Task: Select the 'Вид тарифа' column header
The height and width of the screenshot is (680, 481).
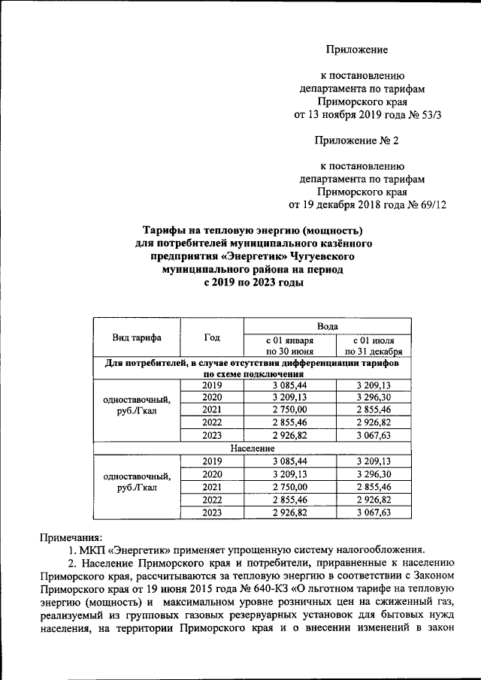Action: tap(137, 337)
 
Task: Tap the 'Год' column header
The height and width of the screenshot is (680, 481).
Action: tap(212, 337)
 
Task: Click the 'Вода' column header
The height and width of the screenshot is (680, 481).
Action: tap(327, 325)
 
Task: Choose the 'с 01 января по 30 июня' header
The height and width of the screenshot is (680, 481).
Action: tap(289, 344)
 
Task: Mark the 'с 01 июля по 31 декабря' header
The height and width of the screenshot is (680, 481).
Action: tap(374, 344)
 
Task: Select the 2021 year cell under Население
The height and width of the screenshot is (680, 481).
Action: tap(212, 486)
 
